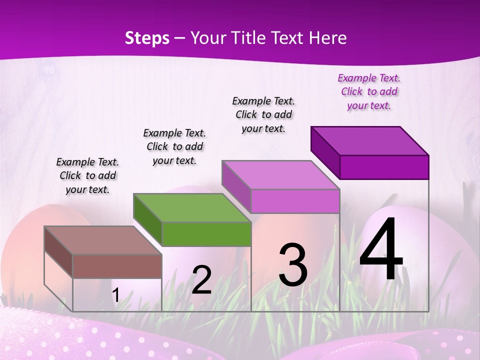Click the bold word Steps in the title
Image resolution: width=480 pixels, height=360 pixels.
click(147, 38)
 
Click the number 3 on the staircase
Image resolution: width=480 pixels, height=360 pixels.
click(293, 264)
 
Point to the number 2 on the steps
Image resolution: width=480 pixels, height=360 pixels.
click(201, 280)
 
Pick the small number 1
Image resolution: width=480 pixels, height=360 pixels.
click(115, 295)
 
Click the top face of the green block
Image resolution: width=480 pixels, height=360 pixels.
click(192, 207)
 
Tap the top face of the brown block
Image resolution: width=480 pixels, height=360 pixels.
click(103, 240)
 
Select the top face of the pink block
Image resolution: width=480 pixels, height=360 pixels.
click(280, 175)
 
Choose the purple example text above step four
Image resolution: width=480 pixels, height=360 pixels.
click(369, 91)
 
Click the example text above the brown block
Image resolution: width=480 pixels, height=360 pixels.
click(87, 175)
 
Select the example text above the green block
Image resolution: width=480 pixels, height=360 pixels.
click(174, 146)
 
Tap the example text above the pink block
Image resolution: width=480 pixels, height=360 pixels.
click(263, 114)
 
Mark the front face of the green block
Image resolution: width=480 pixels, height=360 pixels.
click(206, 234)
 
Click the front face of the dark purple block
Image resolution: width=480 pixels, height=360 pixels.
click(384, 167)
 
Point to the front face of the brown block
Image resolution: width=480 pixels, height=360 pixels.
click(117, 266)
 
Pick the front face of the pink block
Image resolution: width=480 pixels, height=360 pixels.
click(295, 201)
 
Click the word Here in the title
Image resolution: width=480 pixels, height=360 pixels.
click(328, 38)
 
